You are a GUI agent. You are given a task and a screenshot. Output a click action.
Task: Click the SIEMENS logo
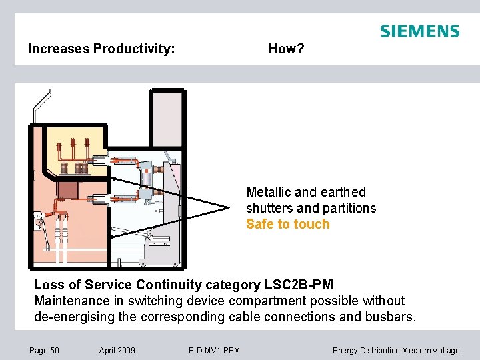419,31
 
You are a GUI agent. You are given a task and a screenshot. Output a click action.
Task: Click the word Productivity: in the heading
134,49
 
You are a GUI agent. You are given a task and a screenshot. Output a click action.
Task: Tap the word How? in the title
286,49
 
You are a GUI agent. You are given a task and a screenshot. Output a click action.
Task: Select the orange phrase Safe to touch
287,225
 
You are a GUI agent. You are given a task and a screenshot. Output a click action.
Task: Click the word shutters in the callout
269,208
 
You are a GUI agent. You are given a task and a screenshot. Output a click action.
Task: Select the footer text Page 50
45,351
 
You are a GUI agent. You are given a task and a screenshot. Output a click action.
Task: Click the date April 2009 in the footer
117,351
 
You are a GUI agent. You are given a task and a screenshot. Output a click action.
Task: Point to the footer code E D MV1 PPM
215,351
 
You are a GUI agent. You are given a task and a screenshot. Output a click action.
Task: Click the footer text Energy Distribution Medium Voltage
396,351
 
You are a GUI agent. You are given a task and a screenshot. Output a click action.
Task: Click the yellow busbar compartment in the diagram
73,150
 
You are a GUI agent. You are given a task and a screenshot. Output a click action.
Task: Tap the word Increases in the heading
59,49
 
